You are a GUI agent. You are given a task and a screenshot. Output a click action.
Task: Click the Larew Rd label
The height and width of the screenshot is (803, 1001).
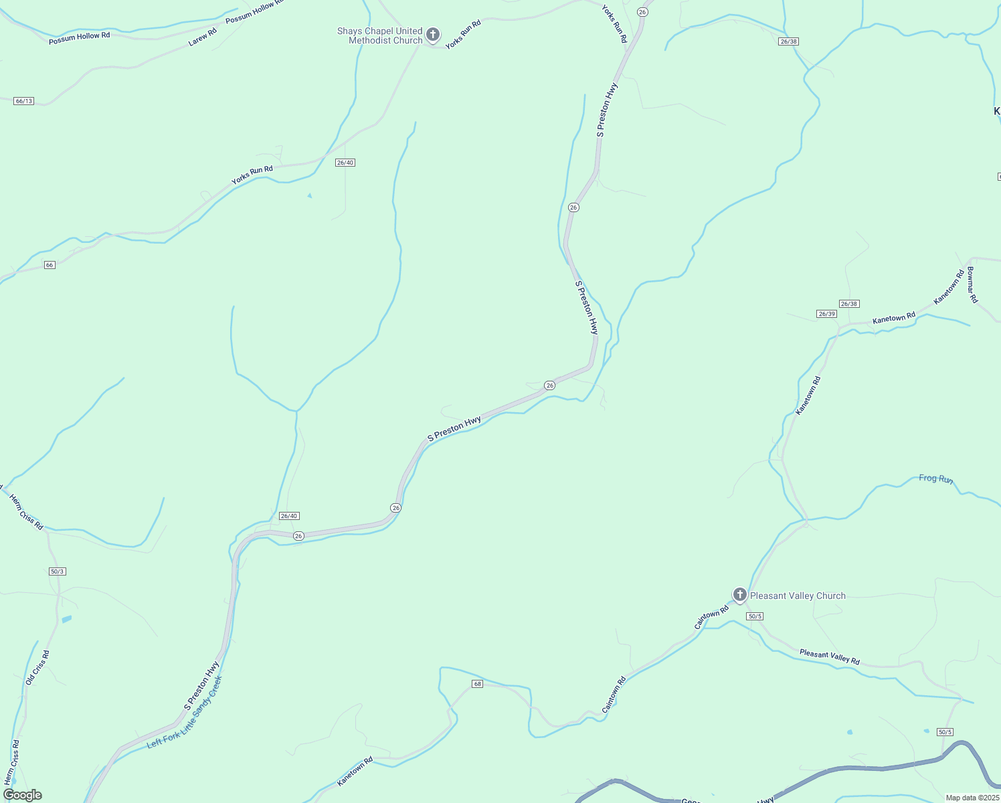pos(203,37)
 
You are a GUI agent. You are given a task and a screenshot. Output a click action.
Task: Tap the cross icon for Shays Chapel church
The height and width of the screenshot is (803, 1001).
pos(433,34)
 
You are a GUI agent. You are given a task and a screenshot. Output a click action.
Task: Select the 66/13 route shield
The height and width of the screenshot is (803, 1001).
pos(23,101)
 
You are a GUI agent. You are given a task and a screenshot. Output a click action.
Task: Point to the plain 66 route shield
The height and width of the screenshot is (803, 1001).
pos(50,265)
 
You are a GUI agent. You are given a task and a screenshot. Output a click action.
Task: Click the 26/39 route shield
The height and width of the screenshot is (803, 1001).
pos(826,314)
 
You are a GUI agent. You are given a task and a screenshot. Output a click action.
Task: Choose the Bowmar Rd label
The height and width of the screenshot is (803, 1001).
pos(972,285)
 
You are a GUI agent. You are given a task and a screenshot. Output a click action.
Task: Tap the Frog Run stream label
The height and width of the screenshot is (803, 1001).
pos(935,478)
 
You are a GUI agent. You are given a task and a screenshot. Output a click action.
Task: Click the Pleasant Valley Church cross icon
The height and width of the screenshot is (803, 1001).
pos(739,594)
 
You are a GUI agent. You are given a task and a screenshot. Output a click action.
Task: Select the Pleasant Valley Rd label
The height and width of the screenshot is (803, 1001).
pos(829,656)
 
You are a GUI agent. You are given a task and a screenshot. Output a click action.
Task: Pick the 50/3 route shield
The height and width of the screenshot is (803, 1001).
pos(58,571)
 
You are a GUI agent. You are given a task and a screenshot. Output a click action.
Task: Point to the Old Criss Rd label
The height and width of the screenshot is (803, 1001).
pos(37,667)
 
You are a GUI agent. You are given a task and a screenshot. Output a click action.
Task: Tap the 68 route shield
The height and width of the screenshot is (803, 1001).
pos(477,684)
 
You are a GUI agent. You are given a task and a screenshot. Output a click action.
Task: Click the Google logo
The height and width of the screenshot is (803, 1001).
pos(22,795)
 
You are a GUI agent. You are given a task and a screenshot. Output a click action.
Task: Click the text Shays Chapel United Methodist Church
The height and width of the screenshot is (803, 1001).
pos(380,35)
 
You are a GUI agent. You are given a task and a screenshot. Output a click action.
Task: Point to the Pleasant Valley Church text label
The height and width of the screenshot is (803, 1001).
pos(798,596)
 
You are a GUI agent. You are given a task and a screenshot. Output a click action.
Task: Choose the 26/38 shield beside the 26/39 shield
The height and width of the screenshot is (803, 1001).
pos(849,304)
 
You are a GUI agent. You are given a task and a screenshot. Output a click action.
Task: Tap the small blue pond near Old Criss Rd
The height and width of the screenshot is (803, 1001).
pos(66,620)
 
